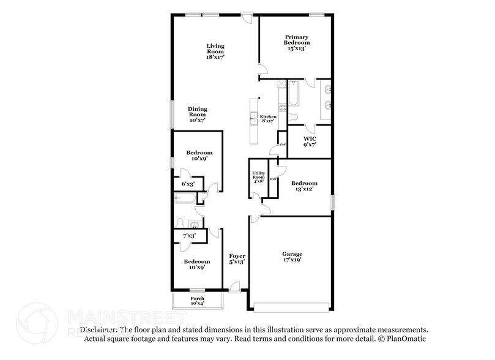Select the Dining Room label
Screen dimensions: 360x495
click(x=196, y=114)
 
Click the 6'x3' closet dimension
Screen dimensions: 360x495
click(x=188, y=184)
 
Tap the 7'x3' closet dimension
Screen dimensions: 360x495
click(x=188, y=236)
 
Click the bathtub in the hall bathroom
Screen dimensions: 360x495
click(x=185, y=197)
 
